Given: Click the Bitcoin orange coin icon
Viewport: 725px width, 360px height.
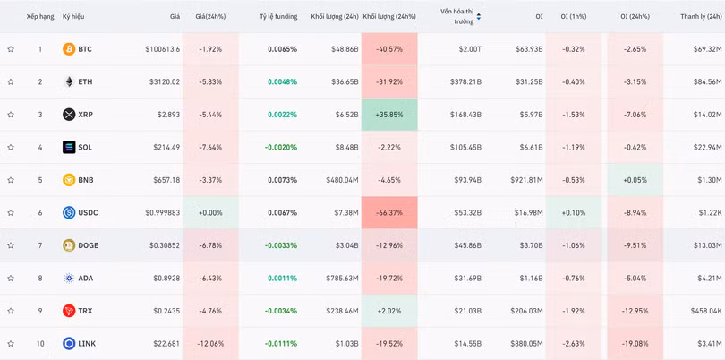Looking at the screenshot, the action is point(69,49).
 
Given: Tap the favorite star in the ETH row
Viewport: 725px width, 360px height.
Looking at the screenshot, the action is point(11,81).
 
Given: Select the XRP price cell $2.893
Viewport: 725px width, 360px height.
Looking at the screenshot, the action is point(166,115).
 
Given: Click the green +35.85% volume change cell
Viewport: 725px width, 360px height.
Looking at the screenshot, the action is point(389,115).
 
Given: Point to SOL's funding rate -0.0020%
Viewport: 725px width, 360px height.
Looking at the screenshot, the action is point(281,147).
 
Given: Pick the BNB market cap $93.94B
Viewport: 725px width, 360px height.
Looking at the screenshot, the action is point(466,180).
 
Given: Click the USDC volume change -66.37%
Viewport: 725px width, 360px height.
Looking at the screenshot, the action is point(389,213).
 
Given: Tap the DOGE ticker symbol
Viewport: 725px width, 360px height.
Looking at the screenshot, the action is point(89,245).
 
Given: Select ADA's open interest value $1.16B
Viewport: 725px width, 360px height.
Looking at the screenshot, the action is point(531,279).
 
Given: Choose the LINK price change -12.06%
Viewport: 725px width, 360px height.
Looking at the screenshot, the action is point(210,344).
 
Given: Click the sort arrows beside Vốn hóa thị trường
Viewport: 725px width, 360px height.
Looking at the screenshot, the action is point(479,17).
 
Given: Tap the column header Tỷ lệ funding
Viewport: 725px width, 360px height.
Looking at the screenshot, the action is point(278,17).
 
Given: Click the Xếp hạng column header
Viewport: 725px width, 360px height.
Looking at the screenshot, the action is point(39,17).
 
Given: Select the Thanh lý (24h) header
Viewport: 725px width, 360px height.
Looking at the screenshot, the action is point(702,17).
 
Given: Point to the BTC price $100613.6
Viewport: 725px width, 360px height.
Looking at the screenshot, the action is point(163,49).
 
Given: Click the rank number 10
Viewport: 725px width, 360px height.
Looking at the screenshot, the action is point(40,344).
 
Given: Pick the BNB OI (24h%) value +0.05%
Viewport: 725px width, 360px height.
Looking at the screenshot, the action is point(635,180).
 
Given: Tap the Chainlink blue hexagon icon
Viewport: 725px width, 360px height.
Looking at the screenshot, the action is point(69,343).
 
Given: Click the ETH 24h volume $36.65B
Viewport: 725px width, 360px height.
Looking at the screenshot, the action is point(345,81).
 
